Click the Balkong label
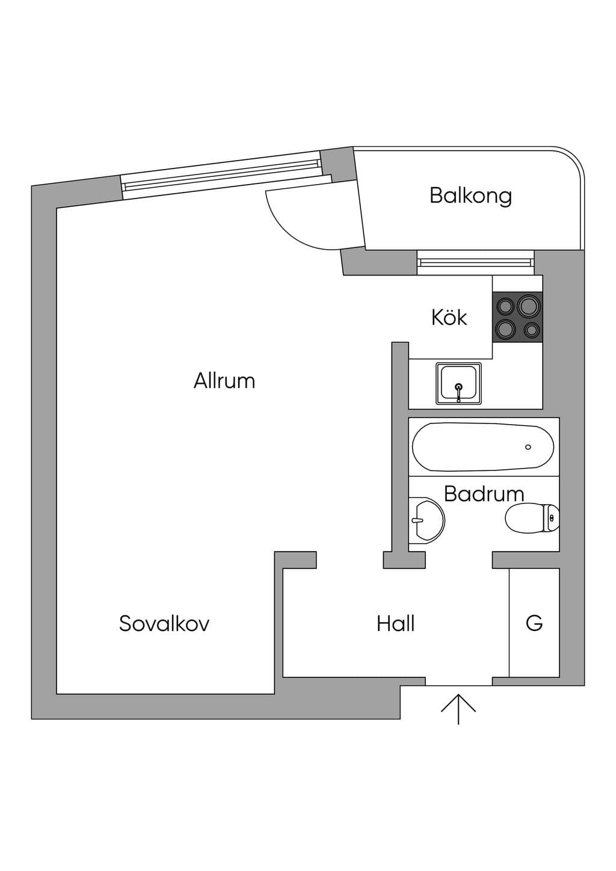[470, 196]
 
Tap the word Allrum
[224, 381]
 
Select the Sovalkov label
[164, 623]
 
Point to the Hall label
[395, 623]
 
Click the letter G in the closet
[534, 623]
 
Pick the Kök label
[449, 317]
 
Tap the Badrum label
[484, 494]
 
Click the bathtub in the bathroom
[483, 447]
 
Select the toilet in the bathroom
[532, 517]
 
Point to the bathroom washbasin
[427, 520]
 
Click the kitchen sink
[458, 384]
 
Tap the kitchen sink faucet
[459, 392]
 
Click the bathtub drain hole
[528, 447]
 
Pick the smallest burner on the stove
[531, 330]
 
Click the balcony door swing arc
[288, 229]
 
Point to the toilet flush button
[552, 518]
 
